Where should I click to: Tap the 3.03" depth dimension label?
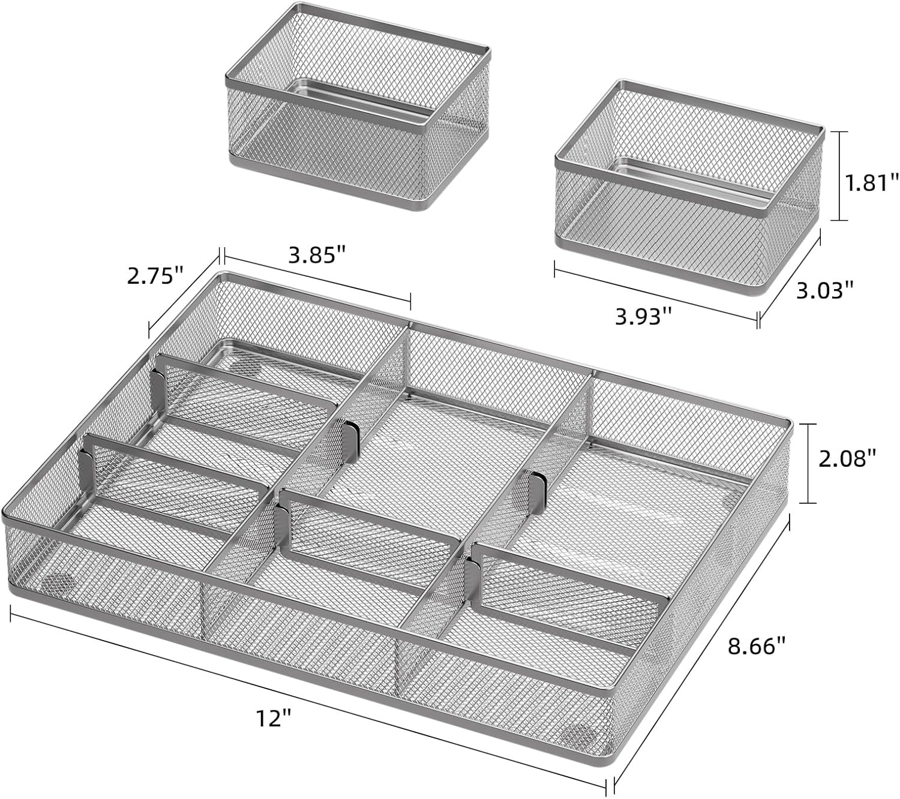pos(824,290)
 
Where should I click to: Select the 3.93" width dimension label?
pos(643,317)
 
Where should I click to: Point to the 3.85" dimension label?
pos(317,255)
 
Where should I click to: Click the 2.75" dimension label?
pos(155,277)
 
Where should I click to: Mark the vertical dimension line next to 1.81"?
pos(839,176)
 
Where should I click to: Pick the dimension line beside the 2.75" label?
pos(184,293)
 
